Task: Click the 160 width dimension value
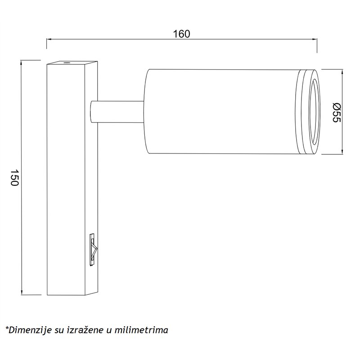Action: tap(181, 34)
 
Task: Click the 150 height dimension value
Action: tap(14, 178)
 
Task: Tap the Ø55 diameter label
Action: tap(337, 112)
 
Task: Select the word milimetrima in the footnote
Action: tap(141, 330)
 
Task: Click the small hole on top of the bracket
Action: tap(67, 63)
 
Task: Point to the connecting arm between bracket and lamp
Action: tap(117, 112)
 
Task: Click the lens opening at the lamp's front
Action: tap(314, 112)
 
